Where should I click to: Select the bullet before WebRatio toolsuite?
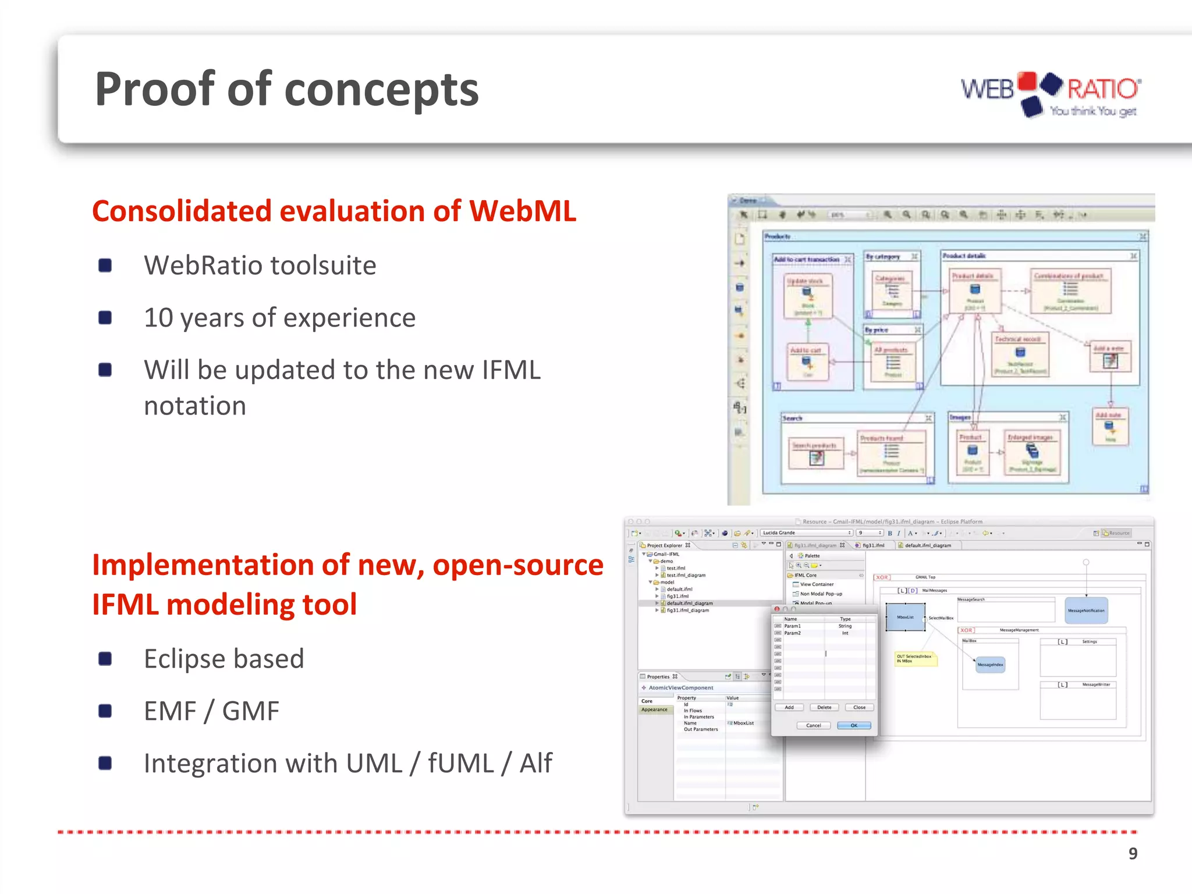tap(105, 266)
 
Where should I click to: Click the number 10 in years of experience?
tap(158, 318)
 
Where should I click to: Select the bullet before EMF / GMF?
tap(105, 711)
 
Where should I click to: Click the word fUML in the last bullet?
tap(460, 764)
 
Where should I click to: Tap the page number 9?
tap(1133, 853)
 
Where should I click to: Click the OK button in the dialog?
tap(854, 726)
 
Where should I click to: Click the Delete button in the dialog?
tap(824, 708)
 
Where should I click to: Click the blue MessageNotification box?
tap(1086, 611)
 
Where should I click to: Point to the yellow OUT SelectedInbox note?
tap(914, 659)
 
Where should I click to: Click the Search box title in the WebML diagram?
tap(792, 418)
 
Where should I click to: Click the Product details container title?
tap(964, 256)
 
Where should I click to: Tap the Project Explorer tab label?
tap(664, 546)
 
